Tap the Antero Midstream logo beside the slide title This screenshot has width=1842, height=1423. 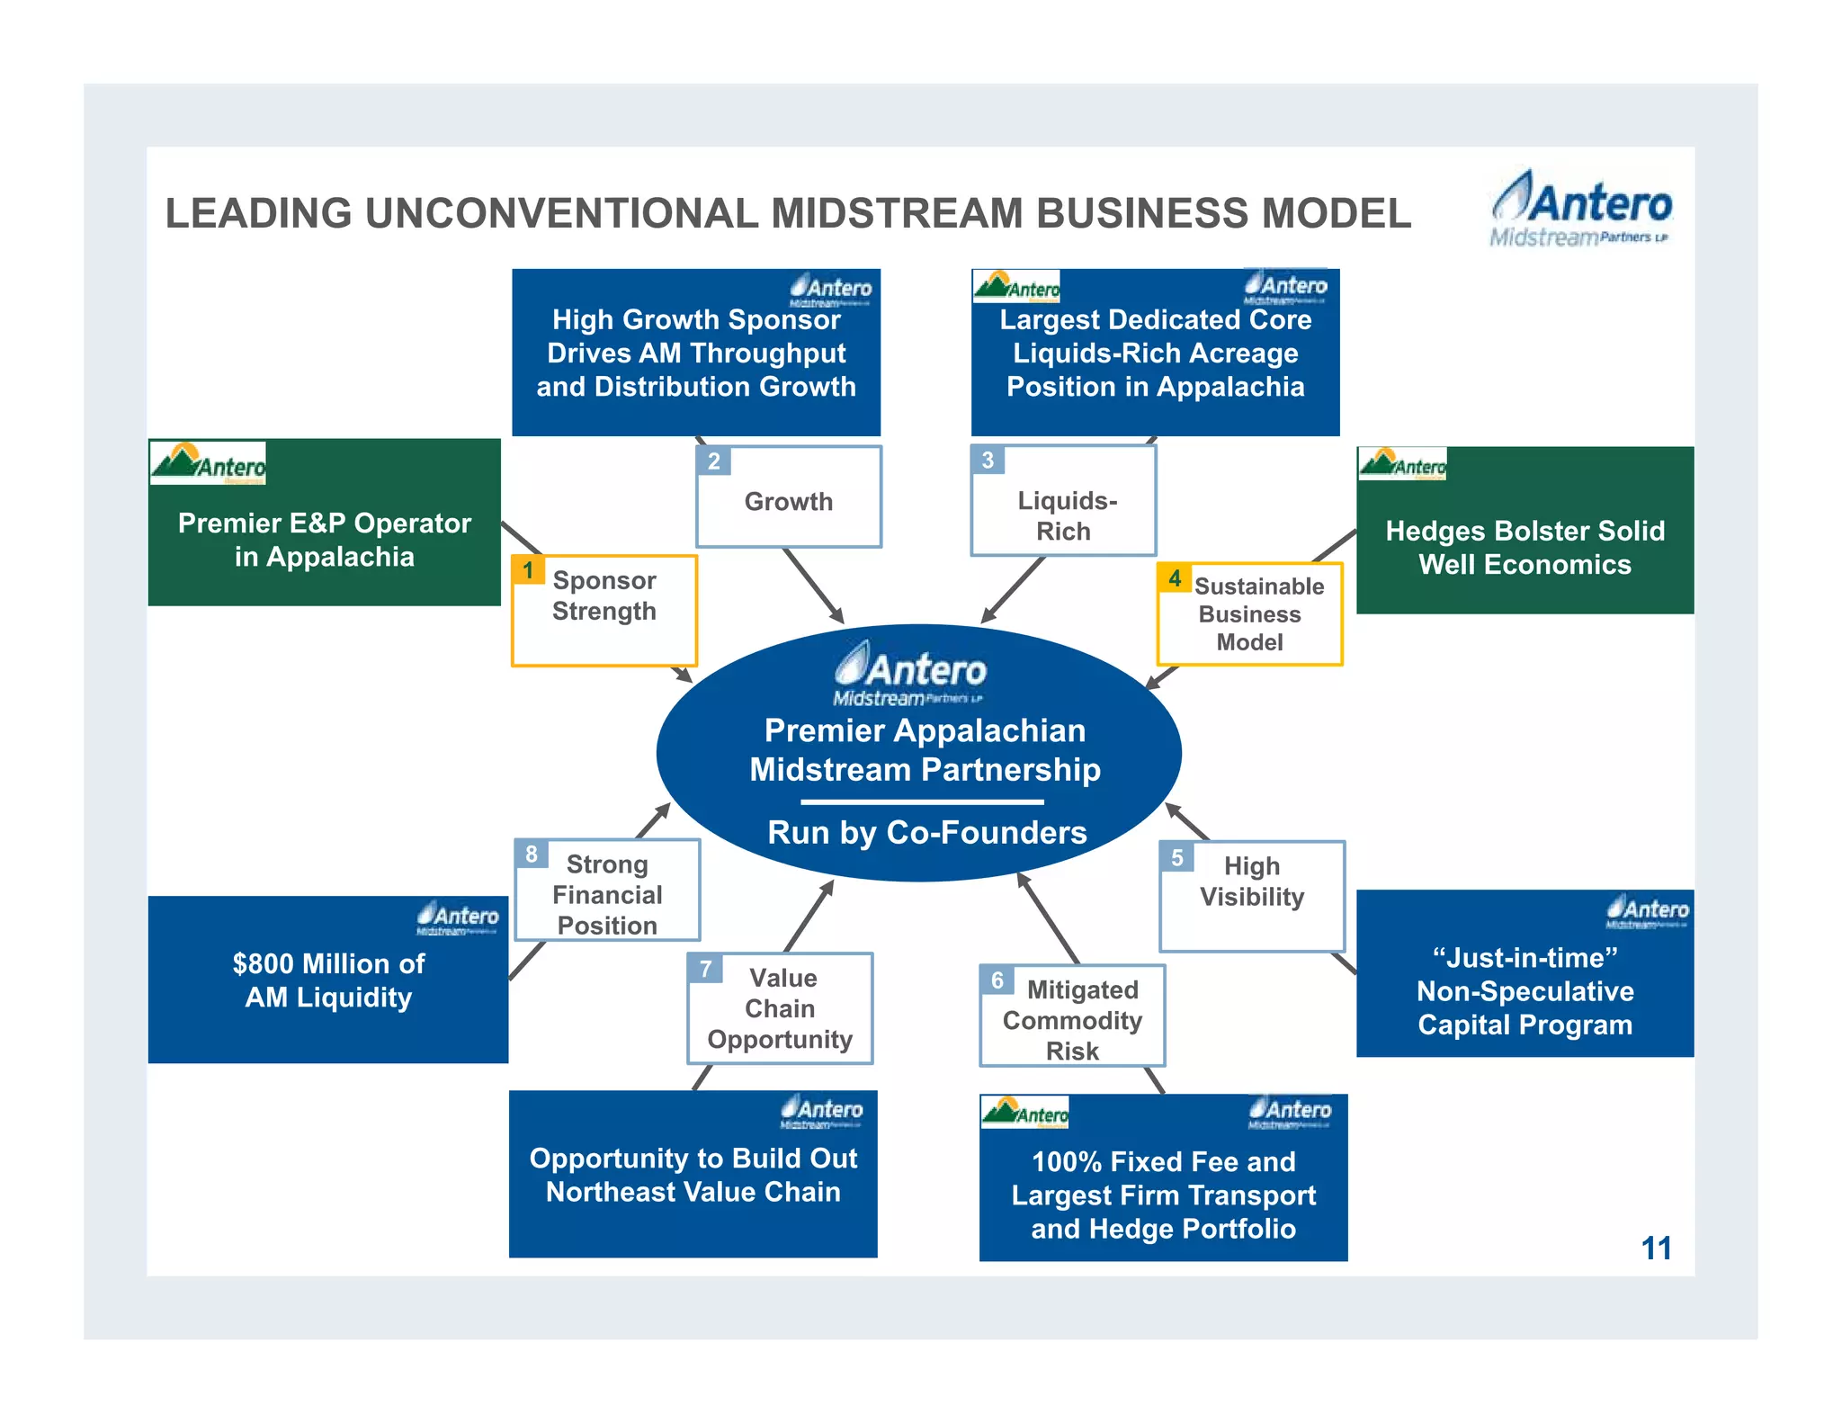tap(1581, 210)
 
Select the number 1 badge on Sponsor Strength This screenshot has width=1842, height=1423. tap(528, 570)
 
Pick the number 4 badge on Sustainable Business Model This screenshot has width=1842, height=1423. tap(1175, 578)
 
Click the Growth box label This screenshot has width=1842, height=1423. tap(789, 501)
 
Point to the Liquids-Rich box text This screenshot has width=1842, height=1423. tap(1066, 515)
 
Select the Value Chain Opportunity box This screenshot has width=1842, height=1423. tap(780, 1008)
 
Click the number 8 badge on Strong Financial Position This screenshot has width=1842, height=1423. tap(532, 854)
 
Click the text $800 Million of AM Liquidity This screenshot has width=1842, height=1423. tap(328, 980)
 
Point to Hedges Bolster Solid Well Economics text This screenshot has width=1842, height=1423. tap(1525, 547)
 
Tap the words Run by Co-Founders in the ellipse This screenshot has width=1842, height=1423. tap(926, 832)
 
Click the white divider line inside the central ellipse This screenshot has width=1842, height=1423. tap(922, 801)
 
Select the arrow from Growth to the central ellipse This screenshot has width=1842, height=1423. tap(813, 586)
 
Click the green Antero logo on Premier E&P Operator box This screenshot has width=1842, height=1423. tap(208, 463)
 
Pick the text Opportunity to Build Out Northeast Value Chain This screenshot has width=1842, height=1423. tap(693, 1175)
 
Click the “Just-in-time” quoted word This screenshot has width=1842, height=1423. tap(1525, 958)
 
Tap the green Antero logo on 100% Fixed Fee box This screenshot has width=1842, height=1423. tap(1024, 1113)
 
